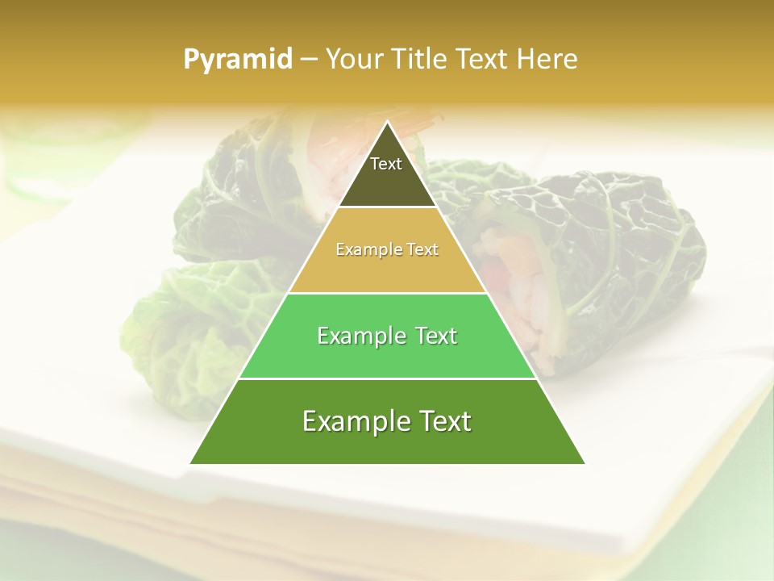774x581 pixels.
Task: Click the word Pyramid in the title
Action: coord(238,60)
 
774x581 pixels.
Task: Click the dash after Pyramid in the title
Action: coord(308,60)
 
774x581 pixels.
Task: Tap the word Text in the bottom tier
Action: coord(442,421)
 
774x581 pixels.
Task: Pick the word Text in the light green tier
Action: coord(433,336)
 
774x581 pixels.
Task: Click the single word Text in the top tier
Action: coord(386,164)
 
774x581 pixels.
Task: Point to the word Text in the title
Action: coord(481,60)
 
